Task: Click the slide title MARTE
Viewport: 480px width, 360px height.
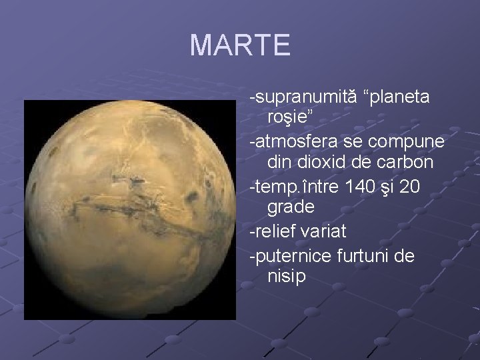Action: pyautogui.click(x=240, y=45)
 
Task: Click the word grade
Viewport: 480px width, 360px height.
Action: pyautogui.click(x=291, y=207)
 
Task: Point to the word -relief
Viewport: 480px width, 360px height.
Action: pyautogui.click(x=272, y=233)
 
